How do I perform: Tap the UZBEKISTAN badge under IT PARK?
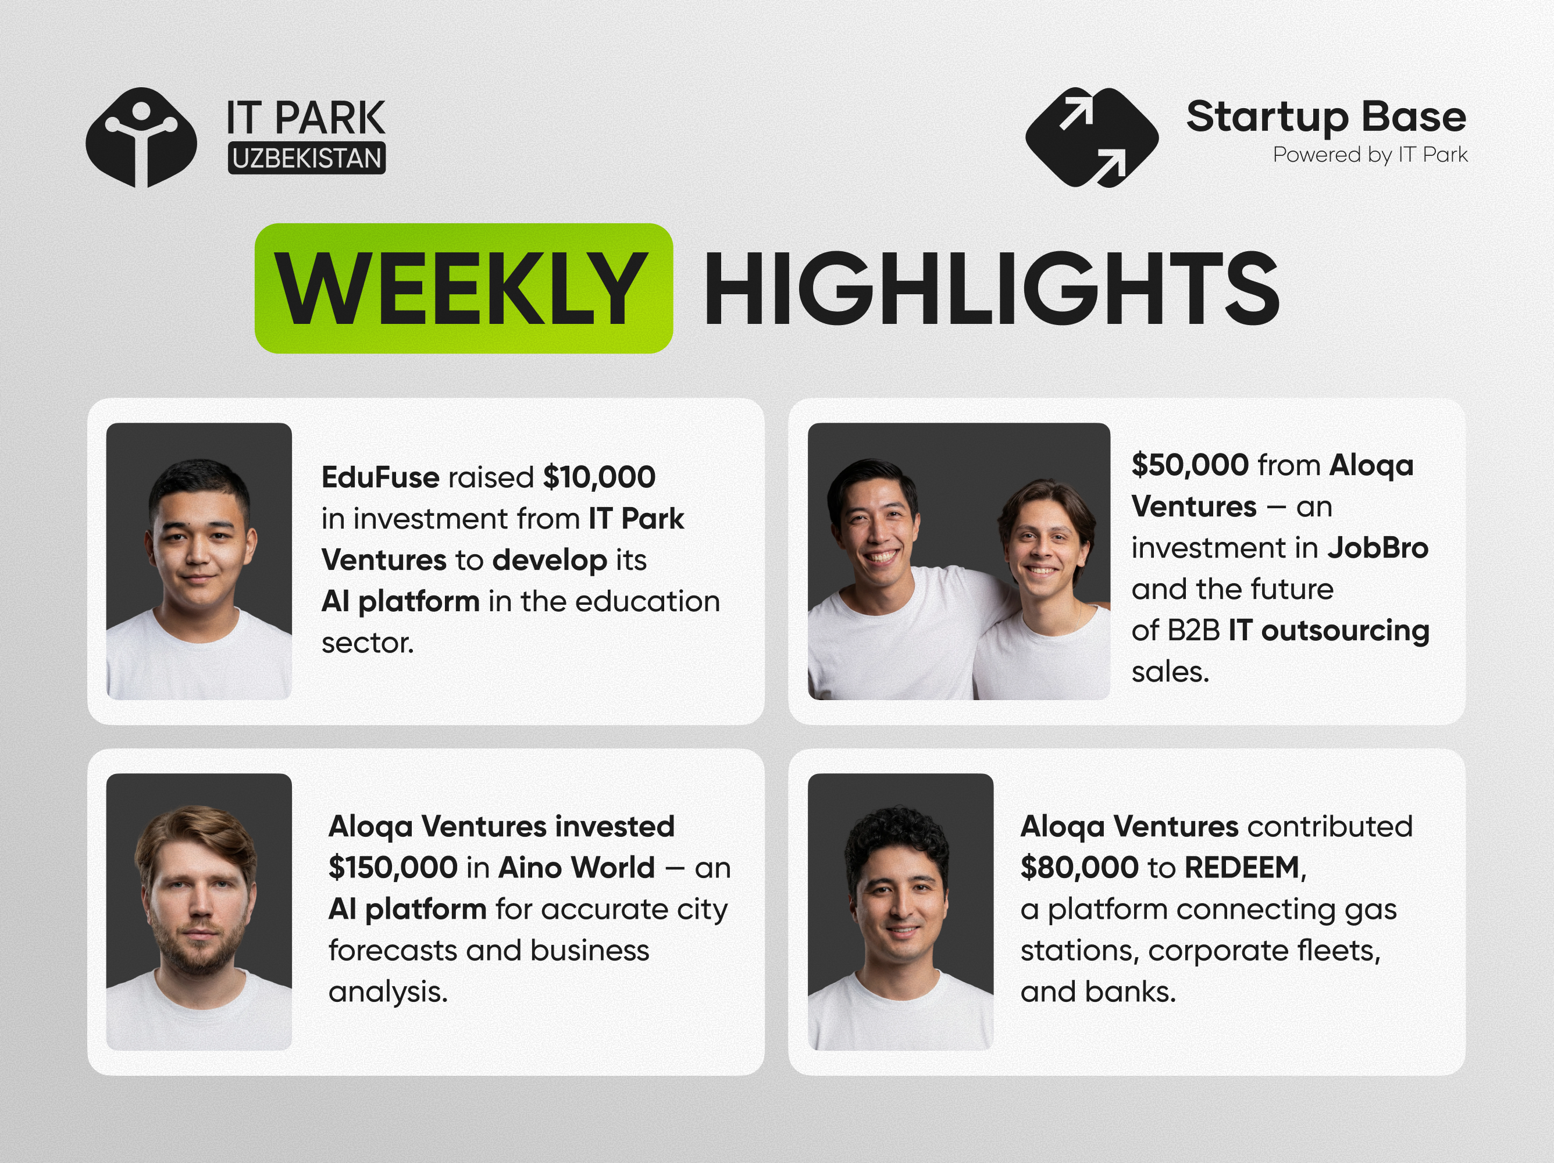pyautogui.click(x=306, y=159)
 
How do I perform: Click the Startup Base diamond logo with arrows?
pyautogui.click(x=1092, y=138)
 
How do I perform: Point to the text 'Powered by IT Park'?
pyautogui.click(x=1370, y=155)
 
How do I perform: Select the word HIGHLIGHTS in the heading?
pyautogui.click(x=991, y=288)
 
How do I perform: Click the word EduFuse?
pyautogui.click(x=380, y=477)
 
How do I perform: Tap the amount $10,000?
pyautogui.click(x=599, y=477)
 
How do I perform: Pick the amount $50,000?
pyautogui.click(x=1190, y=465)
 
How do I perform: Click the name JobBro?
pyautogui.click(x=1378, y=548)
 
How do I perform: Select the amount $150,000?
pyautogui.click(x=393, y=868)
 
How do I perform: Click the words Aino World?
pyautogui.click(x=576, y=868)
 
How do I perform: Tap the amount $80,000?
pyautogui.click(x=1079, y=868)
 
